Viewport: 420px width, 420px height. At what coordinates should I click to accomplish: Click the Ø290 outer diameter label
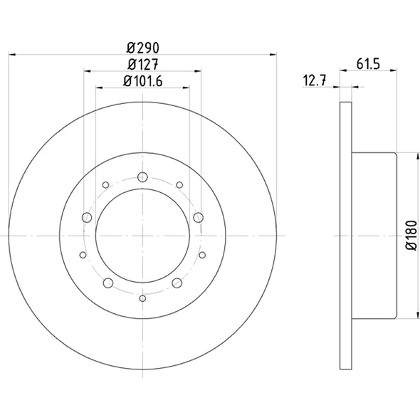point(142,48)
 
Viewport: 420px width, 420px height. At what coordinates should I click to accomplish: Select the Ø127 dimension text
point(142,65)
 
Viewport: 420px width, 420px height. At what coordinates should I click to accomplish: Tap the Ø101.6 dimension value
point(142,81)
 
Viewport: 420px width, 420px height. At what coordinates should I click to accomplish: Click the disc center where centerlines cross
point(142,236)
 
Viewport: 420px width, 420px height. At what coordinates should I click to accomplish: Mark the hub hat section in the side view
point(374,236)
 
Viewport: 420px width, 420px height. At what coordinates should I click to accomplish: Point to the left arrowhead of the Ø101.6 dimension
point(98,87)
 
